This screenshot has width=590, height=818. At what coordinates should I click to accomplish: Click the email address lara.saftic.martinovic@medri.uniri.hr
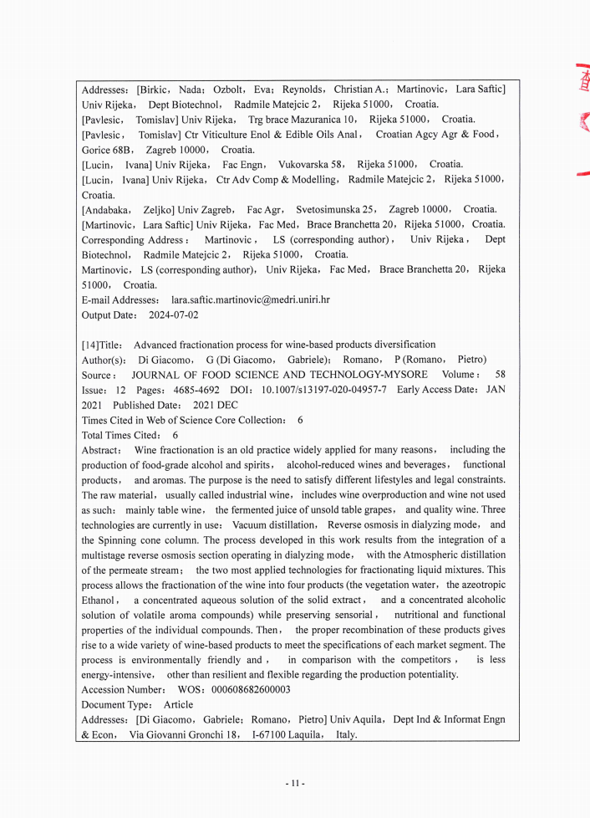pyautogui.click(x=250, y=299)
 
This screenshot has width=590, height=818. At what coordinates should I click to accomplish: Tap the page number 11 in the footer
pyautogui.click(x=294, y=784)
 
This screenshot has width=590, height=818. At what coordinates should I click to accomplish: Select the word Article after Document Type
pyautogui.click(x=178, y=705)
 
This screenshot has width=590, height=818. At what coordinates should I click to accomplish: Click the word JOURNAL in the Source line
pyautogui.click(x=155, y=375)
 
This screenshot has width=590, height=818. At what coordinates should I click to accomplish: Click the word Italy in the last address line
pyautogui.click(x=346, y=735)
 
